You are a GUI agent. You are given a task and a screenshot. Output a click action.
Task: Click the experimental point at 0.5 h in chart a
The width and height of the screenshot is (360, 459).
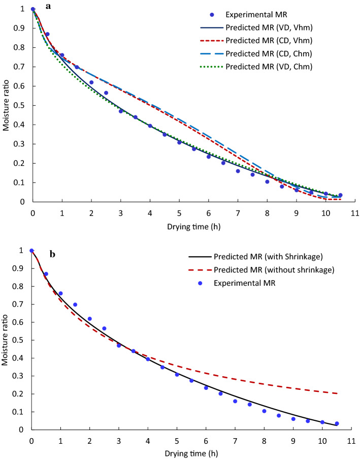click(47, 34)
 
